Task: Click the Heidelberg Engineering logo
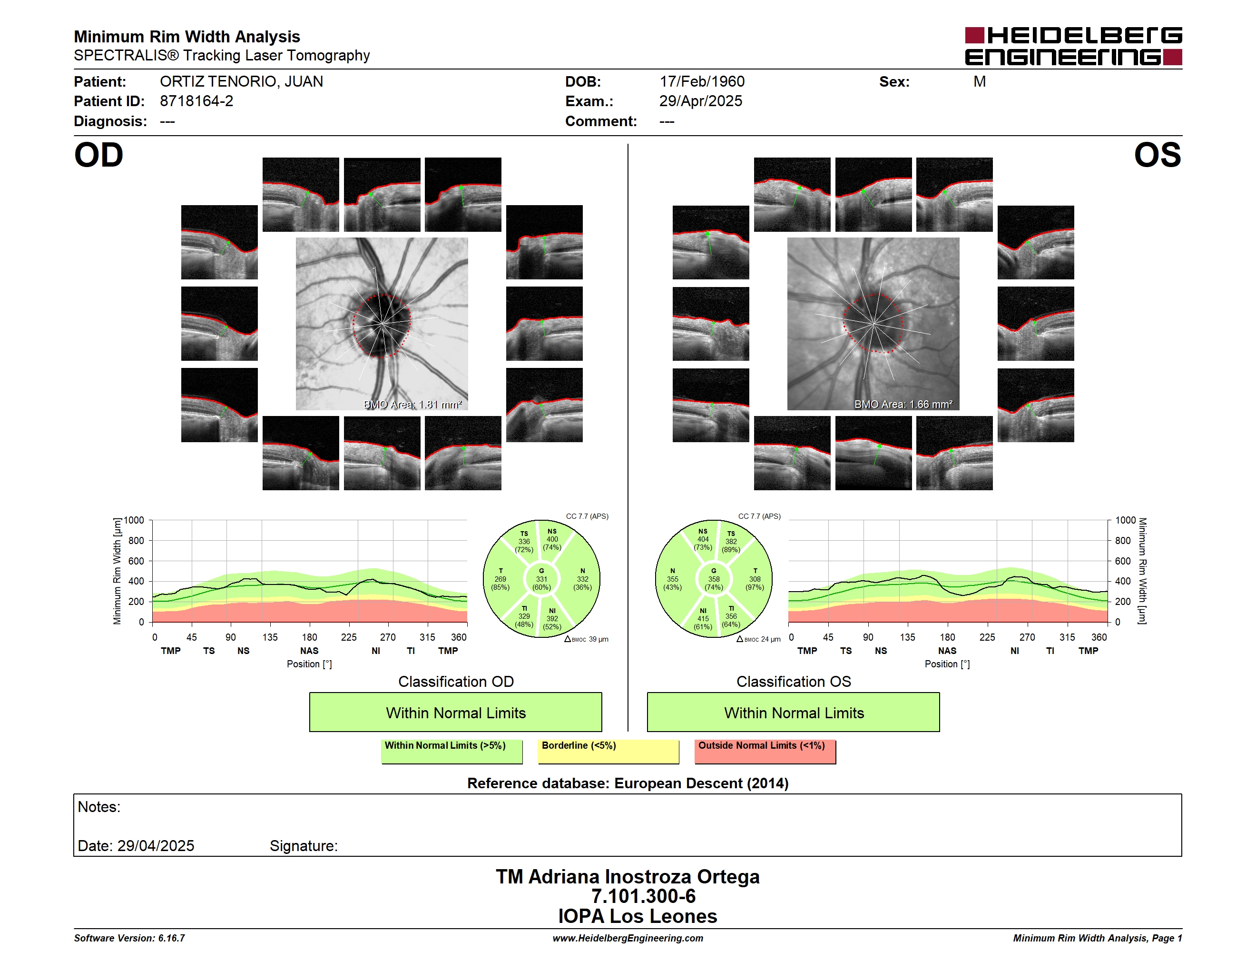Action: pos(1073,46)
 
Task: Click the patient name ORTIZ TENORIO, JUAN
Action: pos(242,82)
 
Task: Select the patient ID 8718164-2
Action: pos(196,101)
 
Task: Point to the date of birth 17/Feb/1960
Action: pos(702,82)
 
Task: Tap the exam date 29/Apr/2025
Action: pos(700,101)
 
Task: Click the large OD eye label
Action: pos(99,155)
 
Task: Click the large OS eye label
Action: pos(1157,155)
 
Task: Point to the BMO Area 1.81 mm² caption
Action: pos(413,405)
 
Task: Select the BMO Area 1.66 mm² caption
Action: pos(903,405)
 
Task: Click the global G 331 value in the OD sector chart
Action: pos(541,579)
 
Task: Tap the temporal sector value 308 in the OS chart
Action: pos(755,579)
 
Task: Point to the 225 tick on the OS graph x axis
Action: pos(987,637)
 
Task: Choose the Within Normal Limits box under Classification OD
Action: pos(455,712)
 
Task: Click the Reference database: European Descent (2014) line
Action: pos(628,783)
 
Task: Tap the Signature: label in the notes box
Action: pos(304,846)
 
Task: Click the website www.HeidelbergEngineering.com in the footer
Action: pos(628,938)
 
